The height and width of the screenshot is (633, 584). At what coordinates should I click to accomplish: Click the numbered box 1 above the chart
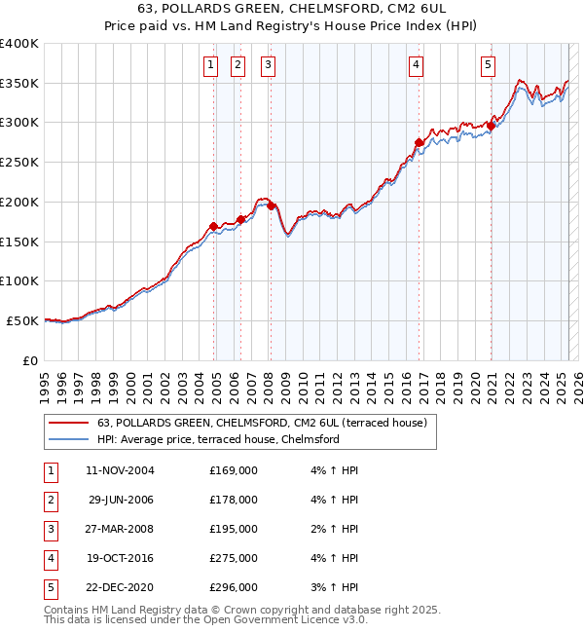(210, 65)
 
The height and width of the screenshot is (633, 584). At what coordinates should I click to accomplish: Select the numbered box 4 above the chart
(416, 65)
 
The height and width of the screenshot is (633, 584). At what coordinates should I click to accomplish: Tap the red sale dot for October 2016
(419, 143)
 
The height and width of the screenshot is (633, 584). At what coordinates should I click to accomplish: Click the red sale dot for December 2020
(492, 125)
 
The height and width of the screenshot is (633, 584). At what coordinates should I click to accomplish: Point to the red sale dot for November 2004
(213, 226)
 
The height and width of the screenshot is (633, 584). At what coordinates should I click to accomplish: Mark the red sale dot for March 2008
(272, 205)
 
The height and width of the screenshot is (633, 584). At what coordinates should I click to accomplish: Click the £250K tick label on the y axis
(19, 162)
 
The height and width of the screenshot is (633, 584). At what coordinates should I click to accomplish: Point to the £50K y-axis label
(23, 320)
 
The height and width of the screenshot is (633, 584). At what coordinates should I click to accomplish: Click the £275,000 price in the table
(234, 559)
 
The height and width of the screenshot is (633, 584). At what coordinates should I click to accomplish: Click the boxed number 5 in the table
(51, 587)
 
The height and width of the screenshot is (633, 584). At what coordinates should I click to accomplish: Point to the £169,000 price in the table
(234, 470)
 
